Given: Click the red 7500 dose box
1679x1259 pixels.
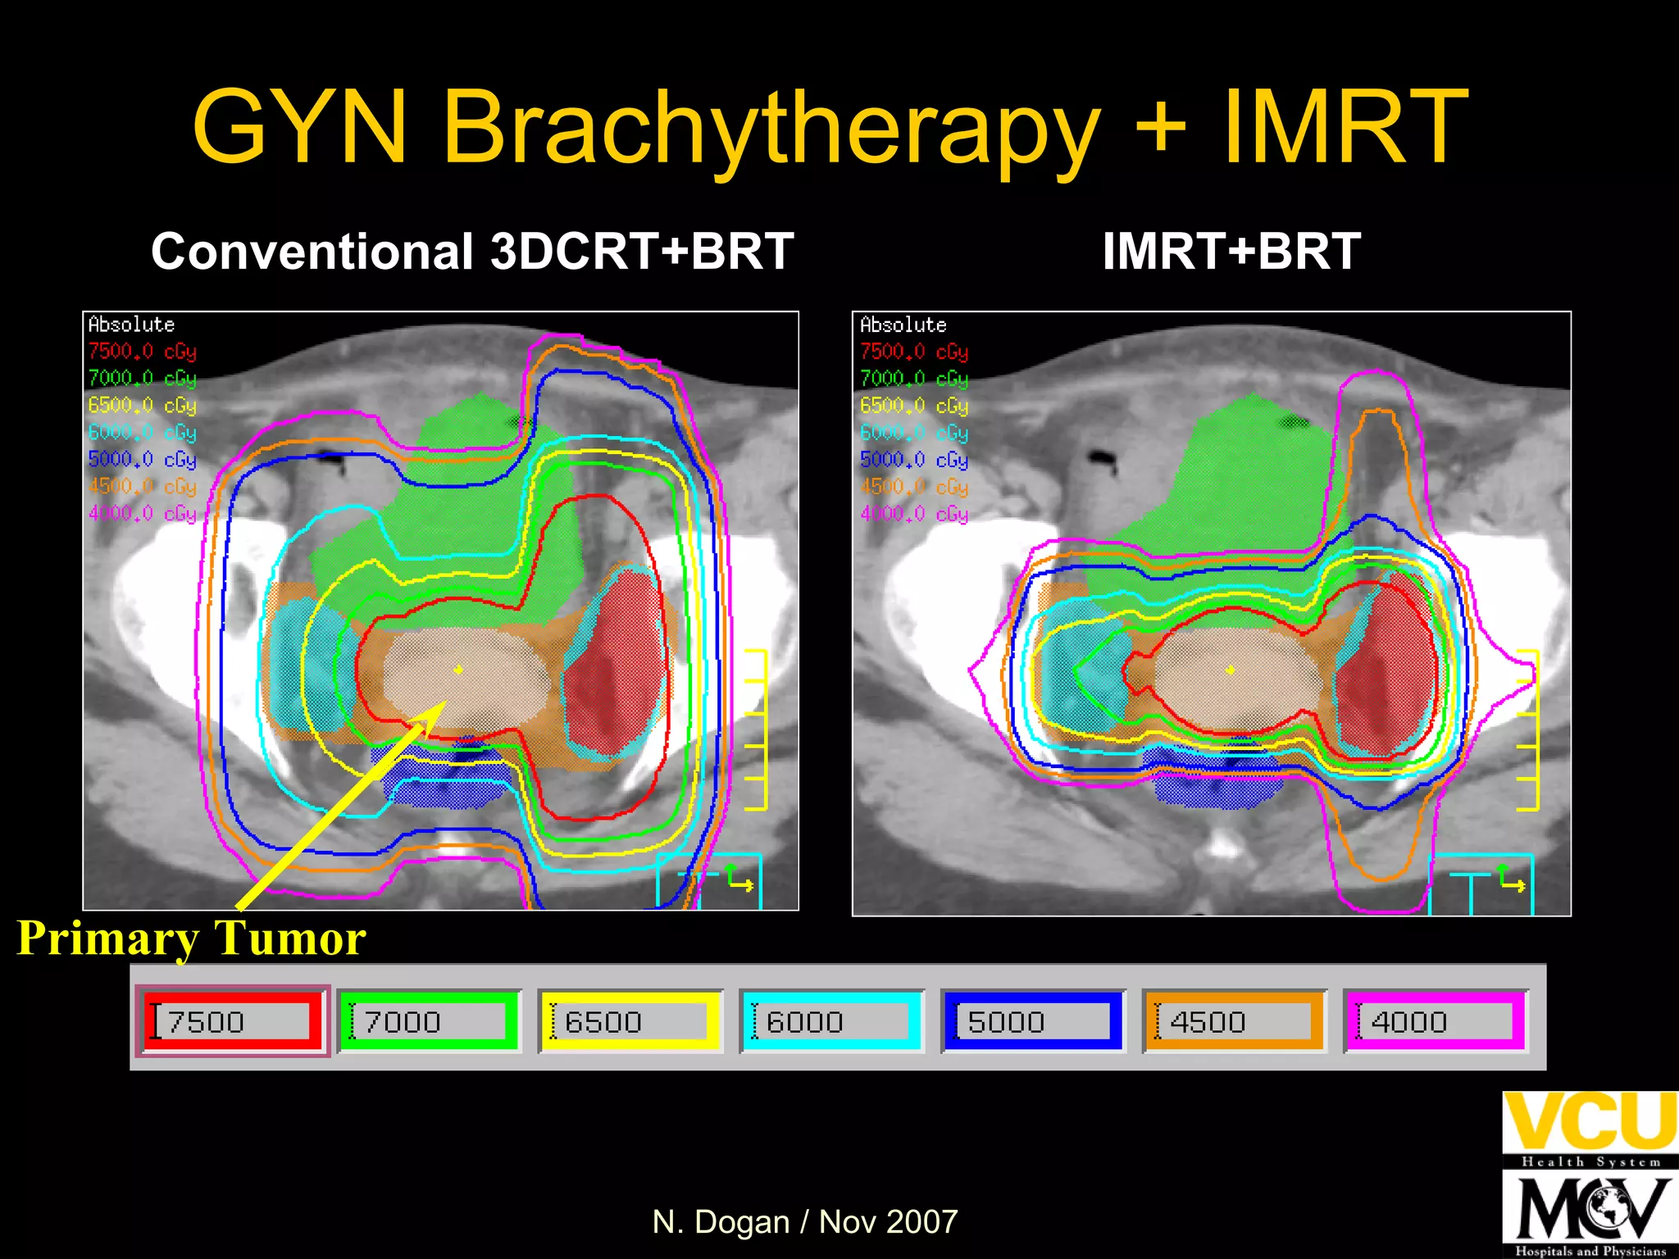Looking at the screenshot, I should coord(233,1021).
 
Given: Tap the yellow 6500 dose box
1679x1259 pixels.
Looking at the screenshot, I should coord(630,1021).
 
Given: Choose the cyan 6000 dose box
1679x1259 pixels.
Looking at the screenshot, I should coord(832,1021).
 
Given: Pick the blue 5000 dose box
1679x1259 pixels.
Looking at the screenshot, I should coord(1033,1021).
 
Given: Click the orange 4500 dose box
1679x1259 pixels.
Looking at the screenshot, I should coord(1235,1021).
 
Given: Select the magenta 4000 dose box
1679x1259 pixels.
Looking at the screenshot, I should coord(1436,1021).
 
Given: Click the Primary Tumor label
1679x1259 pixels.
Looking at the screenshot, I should coord(191,939).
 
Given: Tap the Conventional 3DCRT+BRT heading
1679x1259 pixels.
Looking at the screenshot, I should coord(472,251).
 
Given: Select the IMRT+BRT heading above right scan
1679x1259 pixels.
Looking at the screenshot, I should coord(1231,251).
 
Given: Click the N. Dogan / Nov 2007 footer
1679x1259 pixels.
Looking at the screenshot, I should coord(804,1222).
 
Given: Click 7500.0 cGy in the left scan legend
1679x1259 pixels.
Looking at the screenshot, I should coord(142,352).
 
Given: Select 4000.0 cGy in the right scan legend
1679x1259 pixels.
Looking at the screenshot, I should coord(914,514).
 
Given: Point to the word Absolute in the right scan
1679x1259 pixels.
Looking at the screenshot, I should coord(903,325).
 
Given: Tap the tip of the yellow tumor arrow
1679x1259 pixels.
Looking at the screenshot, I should coord(444,703).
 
